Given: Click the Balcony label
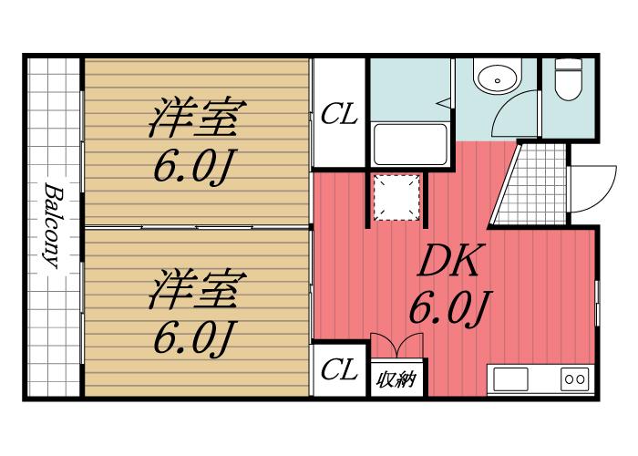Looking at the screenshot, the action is click(54, 226).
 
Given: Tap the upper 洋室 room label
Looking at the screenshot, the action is click(197, 118).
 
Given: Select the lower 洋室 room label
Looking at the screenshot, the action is click(197, 289).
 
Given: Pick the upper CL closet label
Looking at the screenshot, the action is click(339, 114).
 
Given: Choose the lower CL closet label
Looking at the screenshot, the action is click(339, 369).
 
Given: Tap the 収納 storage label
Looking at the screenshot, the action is click(396, 379).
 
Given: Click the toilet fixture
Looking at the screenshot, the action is click(569, 79).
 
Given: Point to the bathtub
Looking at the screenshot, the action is click(410, 144).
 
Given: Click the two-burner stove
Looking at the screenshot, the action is click(575, 379).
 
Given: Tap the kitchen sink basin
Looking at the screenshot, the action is click(511, 379).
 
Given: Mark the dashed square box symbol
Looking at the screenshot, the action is click(396, 198).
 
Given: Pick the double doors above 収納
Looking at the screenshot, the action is click(397, 346).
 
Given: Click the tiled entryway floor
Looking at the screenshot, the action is click(533, 184).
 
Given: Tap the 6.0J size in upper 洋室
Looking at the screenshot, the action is click(193, 167).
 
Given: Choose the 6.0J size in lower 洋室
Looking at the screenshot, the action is click(193, 338).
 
